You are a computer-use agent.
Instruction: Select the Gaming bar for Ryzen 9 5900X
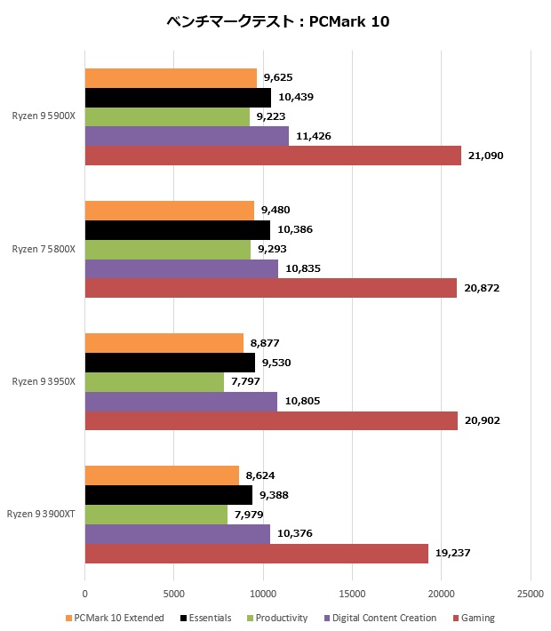pos(273,156)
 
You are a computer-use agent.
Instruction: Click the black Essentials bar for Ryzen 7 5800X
pos(177,229)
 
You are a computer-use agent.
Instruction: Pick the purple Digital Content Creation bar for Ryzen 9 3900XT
pos(177,533)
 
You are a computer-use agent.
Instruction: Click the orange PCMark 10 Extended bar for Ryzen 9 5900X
pos(171,78)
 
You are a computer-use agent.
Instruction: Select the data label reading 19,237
pos(453,553)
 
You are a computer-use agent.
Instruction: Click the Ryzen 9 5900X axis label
pos(44,116)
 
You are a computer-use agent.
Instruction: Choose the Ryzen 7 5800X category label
pos(44,249)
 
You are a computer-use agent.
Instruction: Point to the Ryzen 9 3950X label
pos(44,381)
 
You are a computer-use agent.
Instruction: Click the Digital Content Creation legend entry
pos(383,618)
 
